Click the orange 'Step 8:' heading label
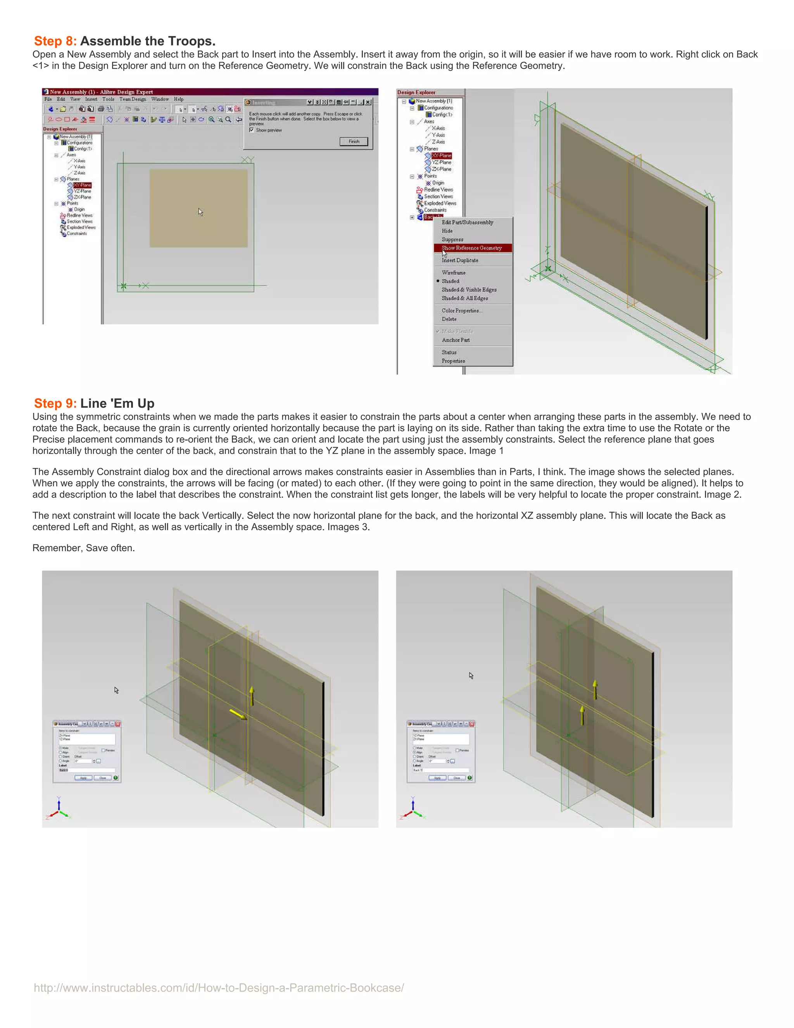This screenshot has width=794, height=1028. [x=55, y=42]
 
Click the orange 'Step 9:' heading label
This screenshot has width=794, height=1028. [x=55, y=403]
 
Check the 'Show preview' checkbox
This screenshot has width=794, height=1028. [x=252, y=130]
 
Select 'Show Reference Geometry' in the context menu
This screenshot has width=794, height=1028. [x=471, y=248]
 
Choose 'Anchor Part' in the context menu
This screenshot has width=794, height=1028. [x=455, y=340]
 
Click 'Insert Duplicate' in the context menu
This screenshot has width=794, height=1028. [x=459, y=260]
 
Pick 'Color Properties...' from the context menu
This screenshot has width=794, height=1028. [x=461, y=311]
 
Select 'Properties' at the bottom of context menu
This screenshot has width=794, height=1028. [x=453, y=361]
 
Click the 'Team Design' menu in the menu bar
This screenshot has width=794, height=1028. [x=132, y=99]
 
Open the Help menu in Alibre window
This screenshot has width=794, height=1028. [x=179, y=99]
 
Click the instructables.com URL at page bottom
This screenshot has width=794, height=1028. [x=219, y=988]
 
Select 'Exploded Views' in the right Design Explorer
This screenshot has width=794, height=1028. [x=440, y=203]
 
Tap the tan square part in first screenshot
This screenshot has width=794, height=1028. [x=198, y=208]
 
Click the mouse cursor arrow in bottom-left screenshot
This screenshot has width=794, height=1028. [x=116, y=690]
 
